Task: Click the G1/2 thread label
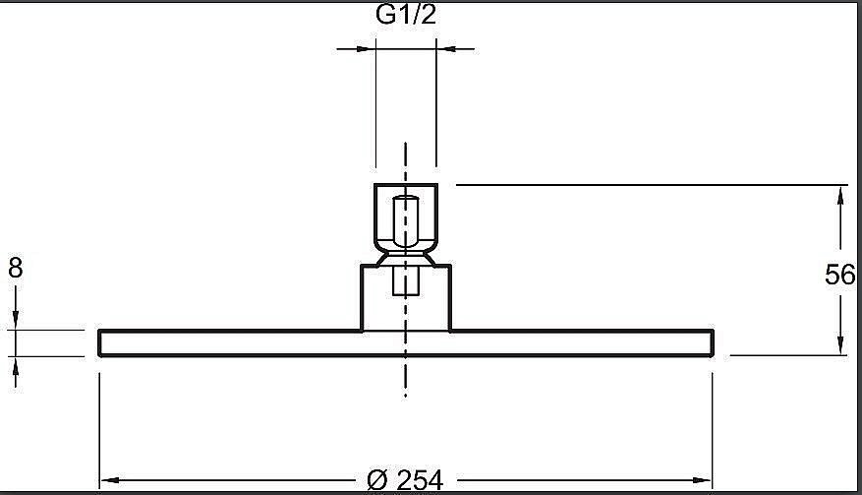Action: coord(406,15)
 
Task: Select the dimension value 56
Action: coord(840,275)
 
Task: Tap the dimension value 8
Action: coord(16,268)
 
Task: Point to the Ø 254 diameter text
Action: coord(405,480)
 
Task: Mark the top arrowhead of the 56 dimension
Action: coord(840,196)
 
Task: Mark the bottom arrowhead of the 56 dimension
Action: coord(840,344)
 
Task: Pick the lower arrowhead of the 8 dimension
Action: coord(16,366)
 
